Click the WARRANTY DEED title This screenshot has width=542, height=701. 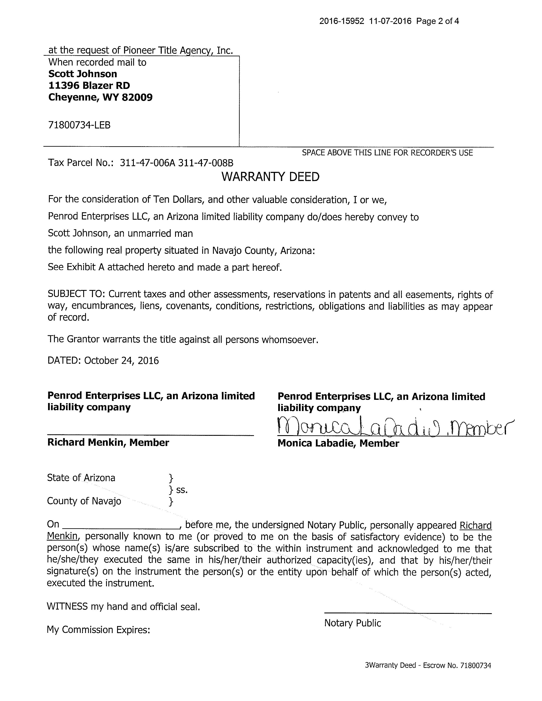tap(270, 177)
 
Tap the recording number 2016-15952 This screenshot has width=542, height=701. tap(342, 21)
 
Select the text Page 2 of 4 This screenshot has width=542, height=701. tap(437, 21)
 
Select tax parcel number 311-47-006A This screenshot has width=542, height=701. tap(148, 163)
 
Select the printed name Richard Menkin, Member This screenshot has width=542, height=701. tap(108, 443)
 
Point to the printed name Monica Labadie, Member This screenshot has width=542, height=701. tap(338, 443)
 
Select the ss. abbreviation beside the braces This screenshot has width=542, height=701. tap(182, 490)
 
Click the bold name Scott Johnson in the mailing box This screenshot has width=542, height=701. tap(83, 74)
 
